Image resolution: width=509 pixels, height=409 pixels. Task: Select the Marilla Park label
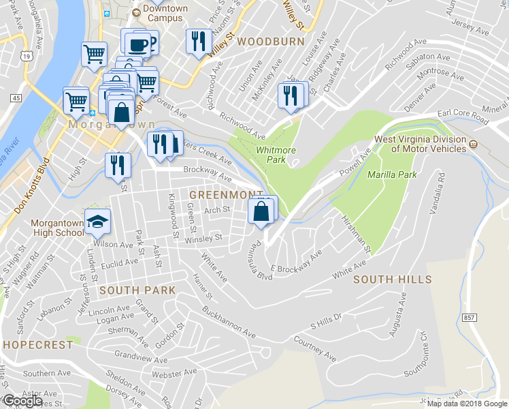point(391,175)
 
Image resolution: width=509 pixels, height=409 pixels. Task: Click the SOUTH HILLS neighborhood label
point(392,279)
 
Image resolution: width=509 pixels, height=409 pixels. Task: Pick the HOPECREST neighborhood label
point(37,345)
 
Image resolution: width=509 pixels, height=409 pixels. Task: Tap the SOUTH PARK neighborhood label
point(137,290)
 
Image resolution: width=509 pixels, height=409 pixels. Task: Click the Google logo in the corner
point(22,401)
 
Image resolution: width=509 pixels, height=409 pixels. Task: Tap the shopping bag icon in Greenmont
point(261,211)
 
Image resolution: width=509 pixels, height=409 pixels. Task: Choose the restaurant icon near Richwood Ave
point(289,95)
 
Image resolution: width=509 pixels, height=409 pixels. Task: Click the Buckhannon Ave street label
point(228,323)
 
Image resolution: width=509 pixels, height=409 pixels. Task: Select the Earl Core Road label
point(463,117)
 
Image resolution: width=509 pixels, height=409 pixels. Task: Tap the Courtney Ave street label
point(314,348)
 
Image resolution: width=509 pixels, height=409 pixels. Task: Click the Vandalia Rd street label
point(437,194)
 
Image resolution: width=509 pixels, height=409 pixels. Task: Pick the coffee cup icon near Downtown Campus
point(138,44)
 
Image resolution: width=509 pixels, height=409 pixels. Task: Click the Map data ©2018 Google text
point(467,403)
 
